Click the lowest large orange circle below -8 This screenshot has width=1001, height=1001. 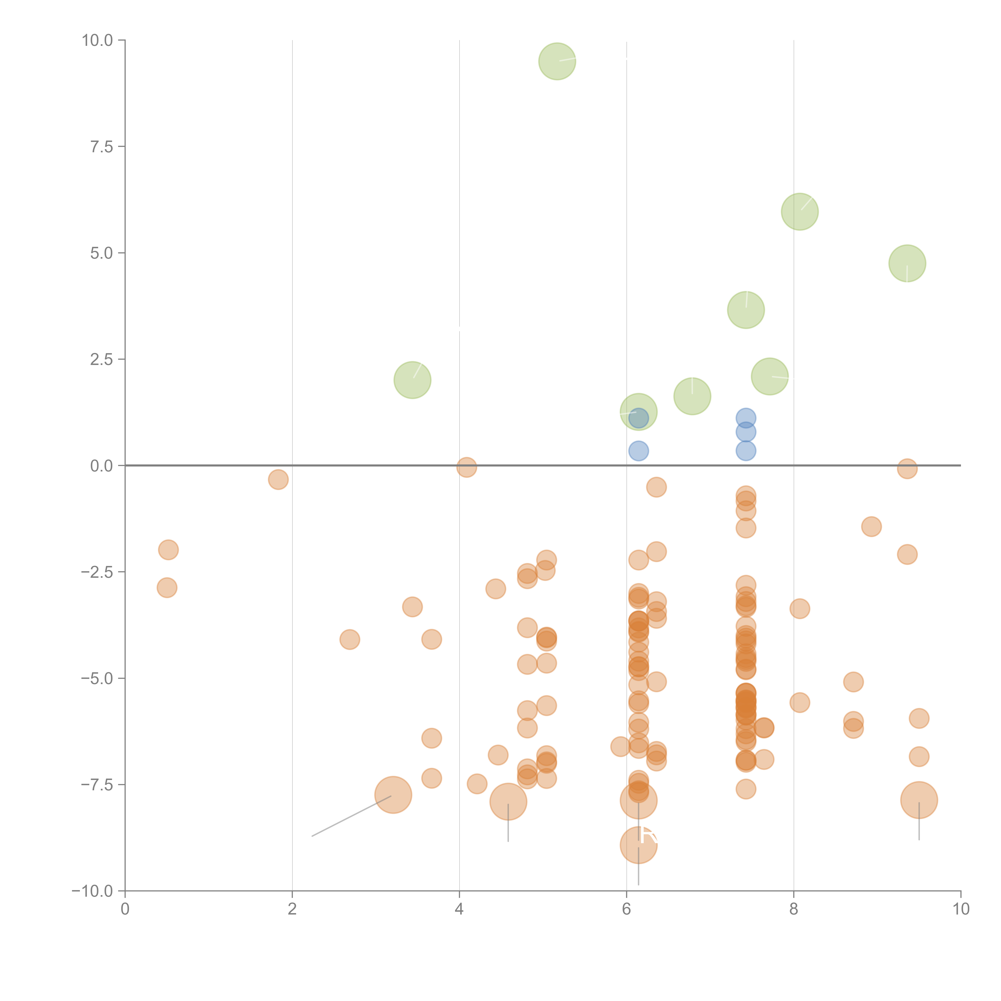pyautogui.click(x=638, y=845)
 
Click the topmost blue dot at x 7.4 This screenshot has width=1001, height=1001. pyautogui.click(x=746, y=418)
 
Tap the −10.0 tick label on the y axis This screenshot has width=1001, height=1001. pyautogui.click(x=92, y=891)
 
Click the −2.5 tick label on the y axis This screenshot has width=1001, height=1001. pyautogui.click(x=97, y=572)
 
